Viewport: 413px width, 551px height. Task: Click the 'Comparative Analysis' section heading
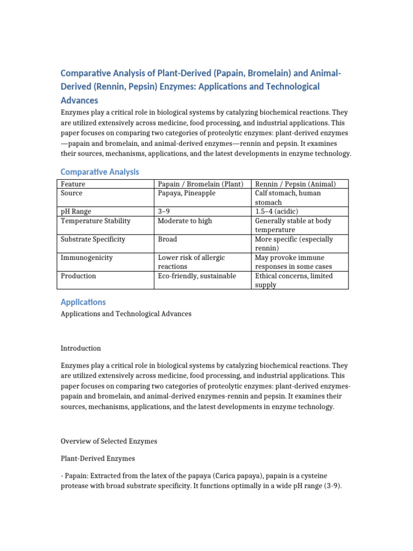[99, 172]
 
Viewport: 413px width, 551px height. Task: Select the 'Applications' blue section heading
[83, 302]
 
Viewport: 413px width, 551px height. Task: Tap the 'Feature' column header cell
[73, 184]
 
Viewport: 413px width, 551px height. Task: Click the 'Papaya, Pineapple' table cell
[187, 193]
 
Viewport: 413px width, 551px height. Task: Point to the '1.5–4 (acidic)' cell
[279, 211]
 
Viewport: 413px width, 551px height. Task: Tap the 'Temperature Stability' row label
[96, 221]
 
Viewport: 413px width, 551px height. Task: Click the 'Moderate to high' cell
[185, 221]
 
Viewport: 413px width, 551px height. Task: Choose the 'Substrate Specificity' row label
[93, 239]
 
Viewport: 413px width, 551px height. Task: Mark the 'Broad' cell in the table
[167, 239]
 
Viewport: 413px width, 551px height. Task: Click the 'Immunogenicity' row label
[87, 258]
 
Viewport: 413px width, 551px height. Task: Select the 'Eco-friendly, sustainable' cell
[197, 276]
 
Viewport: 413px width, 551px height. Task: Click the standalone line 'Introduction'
[81, 349]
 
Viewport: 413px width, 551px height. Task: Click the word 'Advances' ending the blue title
[79, 101]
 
